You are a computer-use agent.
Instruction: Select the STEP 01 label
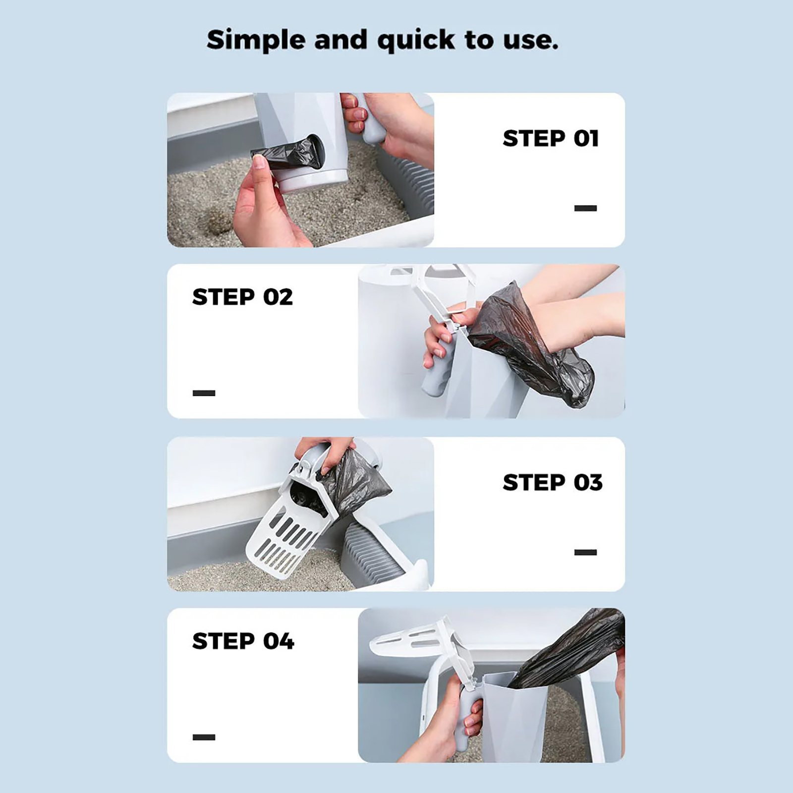551,138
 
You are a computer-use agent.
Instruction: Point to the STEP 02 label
242,297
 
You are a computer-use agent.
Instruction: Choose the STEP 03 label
553,482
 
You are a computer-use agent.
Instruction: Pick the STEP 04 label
243,641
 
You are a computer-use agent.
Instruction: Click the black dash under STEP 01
585,208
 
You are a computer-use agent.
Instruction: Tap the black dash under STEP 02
204,393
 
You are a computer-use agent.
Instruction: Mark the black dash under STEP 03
585,552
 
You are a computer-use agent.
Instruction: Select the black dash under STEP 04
204,737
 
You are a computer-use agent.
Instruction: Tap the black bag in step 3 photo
354,483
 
